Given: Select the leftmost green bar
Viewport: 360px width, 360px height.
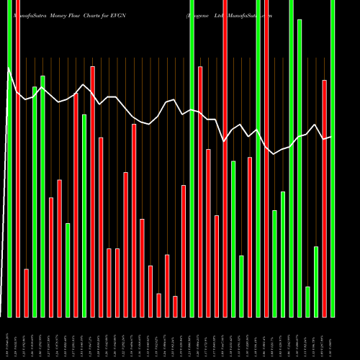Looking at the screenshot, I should pos(9,158).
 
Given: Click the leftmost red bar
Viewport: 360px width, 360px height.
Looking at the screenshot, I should pos(18,158).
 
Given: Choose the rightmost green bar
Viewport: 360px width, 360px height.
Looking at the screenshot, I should pos(333,158).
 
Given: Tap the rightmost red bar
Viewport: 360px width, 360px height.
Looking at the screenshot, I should pos(325,198).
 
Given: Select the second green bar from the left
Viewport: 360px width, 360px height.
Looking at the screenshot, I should pos(35,202).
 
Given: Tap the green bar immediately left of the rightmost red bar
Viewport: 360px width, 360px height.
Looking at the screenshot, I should pos(316,282).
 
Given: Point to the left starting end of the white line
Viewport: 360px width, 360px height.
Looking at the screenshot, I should pos(8,68).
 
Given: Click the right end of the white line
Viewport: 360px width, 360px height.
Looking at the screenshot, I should pos(330,137).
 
